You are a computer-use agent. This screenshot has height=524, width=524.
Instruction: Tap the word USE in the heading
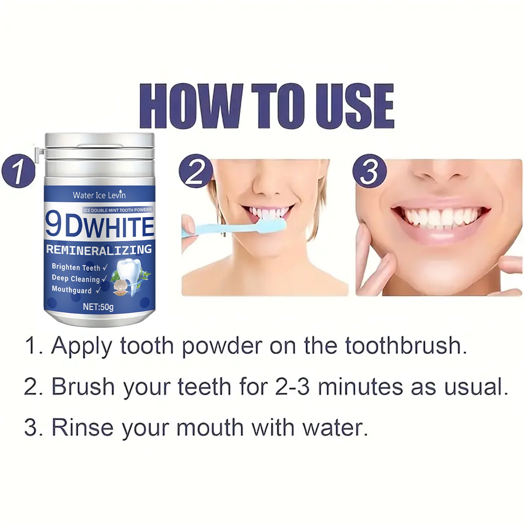click(355, 106)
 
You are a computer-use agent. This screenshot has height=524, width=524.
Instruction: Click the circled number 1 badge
click(18, 171)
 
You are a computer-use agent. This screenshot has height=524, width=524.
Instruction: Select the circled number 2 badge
click(195, 171)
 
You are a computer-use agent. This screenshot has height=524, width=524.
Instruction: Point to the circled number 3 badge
click(369, 171)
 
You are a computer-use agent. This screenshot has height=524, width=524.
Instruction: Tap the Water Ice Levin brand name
click(99, 195)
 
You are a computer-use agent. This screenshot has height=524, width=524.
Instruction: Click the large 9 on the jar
click(53, 226)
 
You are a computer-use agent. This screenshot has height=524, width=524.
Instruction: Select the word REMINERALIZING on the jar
click(99, 249)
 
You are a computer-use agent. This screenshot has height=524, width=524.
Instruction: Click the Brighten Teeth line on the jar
click(76, 267)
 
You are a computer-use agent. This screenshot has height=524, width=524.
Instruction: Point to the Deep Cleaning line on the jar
click(76, 279)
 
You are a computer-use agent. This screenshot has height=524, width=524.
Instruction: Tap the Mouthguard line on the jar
click(72, 290)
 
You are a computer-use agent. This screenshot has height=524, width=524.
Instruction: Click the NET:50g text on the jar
click(98, 307)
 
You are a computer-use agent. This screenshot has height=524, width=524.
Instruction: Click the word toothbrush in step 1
click(406, 346)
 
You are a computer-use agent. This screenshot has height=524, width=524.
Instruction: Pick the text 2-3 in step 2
click(292, 387)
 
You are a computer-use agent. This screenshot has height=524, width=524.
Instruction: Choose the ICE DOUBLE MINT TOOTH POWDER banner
click(118, 210)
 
